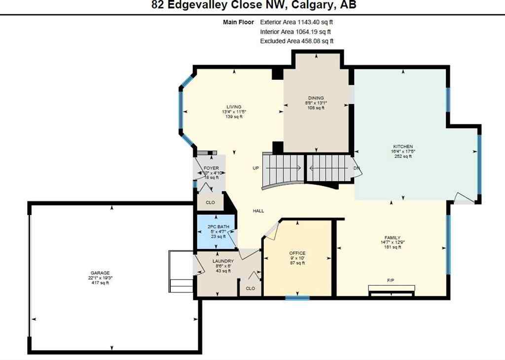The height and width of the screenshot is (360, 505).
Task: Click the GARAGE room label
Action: pyautogui.click(x=100, y=273)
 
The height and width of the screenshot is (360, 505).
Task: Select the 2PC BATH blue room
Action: pyautogui.click(x=216, y=231)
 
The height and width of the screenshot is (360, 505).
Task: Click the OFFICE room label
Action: pyautogui.click(x=297, y=253)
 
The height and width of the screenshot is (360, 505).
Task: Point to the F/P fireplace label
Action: pyautogui.click(x=391, y=281)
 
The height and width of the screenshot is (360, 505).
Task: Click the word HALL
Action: pyautogui.click(x=258, y=211)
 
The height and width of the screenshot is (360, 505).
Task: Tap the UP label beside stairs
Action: pyautogui.click(x=256, y=168)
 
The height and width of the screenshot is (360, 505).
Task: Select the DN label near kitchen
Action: pyautogui.click(x=357, y=168)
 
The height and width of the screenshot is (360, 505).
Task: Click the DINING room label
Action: pyautogui.click(x=316, y=98)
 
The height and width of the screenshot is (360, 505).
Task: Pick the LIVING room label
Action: pyautogui.click(x=234, y=107)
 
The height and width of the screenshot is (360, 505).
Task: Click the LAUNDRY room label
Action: pyautogui.click(x=219, y=261)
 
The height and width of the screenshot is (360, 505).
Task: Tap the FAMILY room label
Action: pyautogui.click(x=393, y=237)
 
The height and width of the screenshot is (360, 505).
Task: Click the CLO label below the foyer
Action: pyautogui.click(x=210, y=202)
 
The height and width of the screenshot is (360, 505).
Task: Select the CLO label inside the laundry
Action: pyautogui.click(x=251, y=288)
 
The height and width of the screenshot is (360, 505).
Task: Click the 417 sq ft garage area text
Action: pyautogui.click(x=100, y=283)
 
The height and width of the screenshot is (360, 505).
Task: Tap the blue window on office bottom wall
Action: pyautogui.click(x=297, y=298)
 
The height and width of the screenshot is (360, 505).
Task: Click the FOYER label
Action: pyautogui.click(x=211, y=168)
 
